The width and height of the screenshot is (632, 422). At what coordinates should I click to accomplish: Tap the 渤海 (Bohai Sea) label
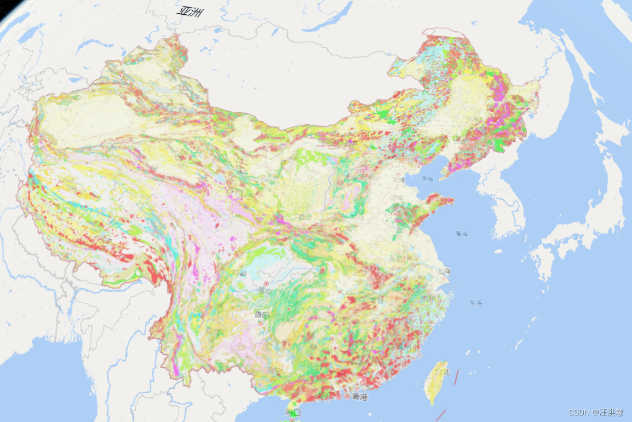point(428,179)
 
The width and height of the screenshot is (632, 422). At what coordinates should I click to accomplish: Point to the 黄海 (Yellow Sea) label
point(461,234)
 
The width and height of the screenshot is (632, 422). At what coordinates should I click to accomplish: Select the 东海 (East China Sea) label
point(475,303)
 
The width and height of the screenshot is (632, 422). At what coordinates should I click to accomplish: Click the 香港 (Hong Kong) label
point(360,396)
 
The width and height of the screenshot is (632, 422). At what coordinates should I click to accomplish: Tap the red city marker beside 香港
point(347,396)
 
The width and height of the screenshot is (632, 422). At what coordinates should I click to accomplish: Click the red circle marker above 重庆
point(266,284)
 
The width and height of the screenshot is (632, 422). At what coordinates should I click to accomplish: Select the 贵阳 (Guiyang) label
point(262,315)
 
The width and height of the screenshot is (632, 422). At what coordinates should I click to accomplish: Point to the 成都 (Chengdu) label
point(239,273)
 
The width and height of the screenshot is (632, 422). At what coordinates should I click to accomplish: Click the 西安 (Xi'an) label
point(305,217)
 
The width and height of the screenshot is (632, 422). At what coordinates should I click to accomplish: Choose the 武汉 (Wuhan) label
point(360,273)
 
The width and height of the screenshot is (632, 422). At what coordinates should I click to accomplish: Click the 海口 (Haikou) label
point(293,412)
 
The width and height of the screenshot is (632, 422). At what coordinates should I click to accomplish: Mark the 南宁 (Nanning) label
point(274,371)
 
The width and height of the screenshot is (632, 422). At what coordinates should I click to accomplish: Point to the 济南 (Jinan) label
point(397,198)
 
